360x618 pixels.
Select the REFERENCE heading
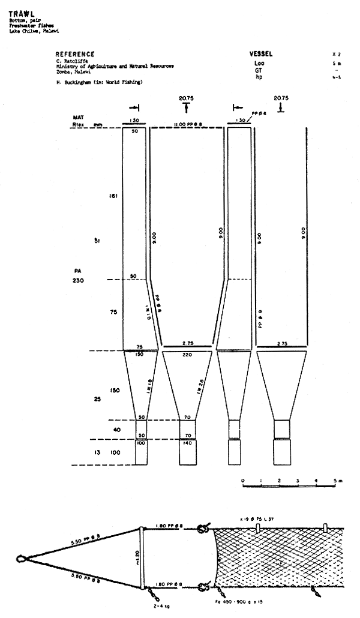pos(75,53)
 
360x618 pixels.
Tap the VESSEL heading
pos(262,53)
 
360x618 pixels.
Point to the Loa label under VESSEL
pos(259,62)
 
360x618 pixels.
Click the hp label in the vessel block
pos(259,77)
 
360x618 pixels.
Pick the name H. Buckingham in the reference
pos(77,81)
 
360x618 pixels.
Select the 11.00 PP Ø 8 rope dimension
pos(187,123)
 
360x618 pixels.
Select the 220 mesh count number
pos(187,355)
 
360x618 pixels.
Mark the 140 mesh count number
pos(188,442)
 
